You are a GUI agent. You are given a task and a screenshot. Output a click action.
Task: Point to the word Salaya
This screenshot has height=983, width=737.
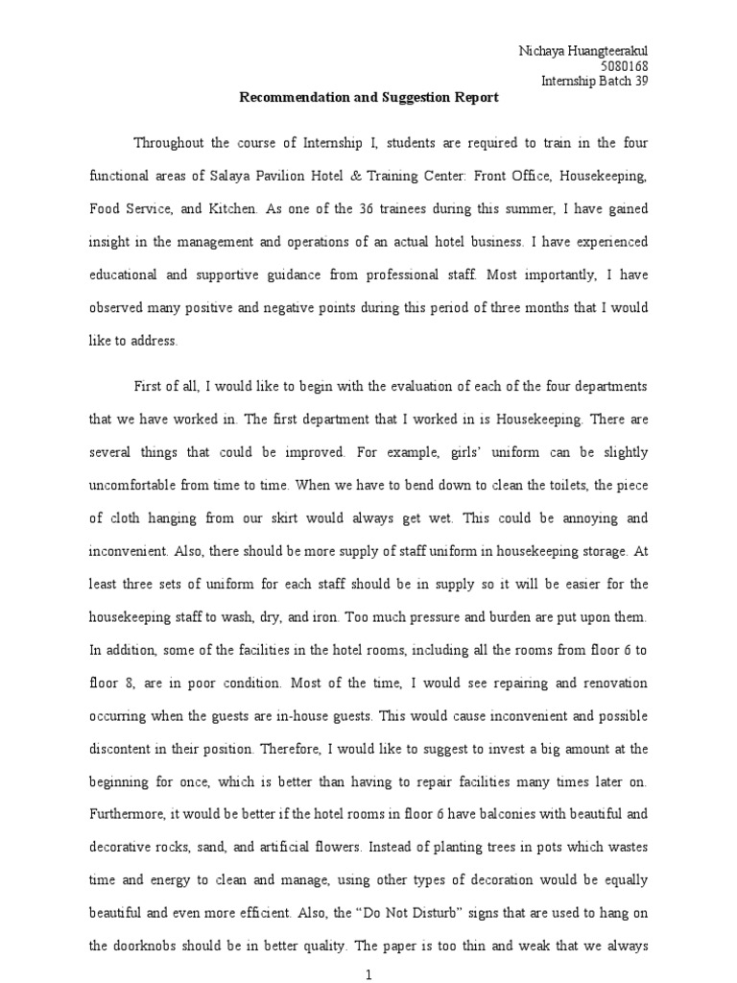(234, 178)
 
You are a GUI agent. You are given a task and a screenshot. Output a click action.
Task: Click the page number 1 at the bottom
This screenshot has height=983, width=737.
(368, 975)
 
